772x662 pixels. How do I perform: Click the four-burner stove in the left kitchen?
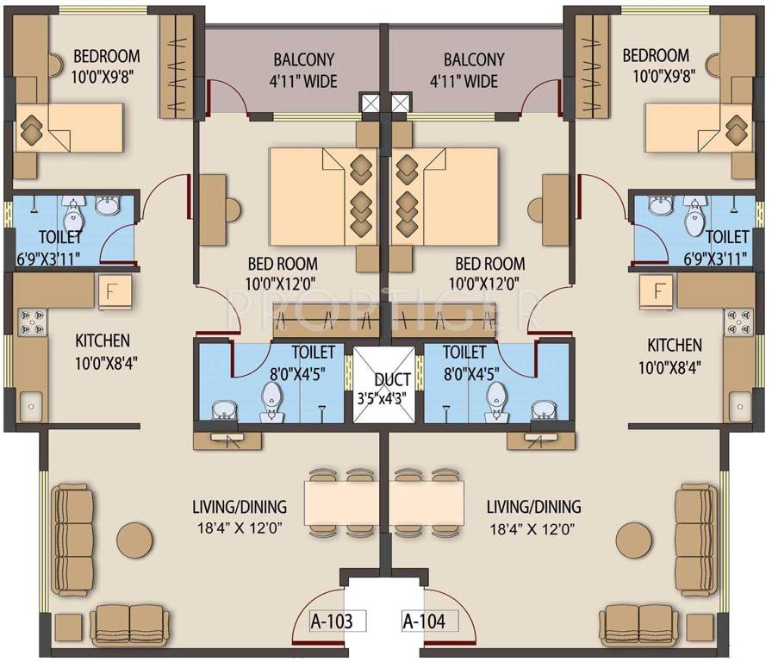31,322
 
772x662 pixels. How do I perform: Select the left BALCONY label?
304,60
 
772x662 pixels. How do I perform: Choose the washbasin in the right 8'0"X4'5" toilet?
543,408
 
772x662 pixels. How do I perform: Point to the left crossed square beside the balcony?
370,103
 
